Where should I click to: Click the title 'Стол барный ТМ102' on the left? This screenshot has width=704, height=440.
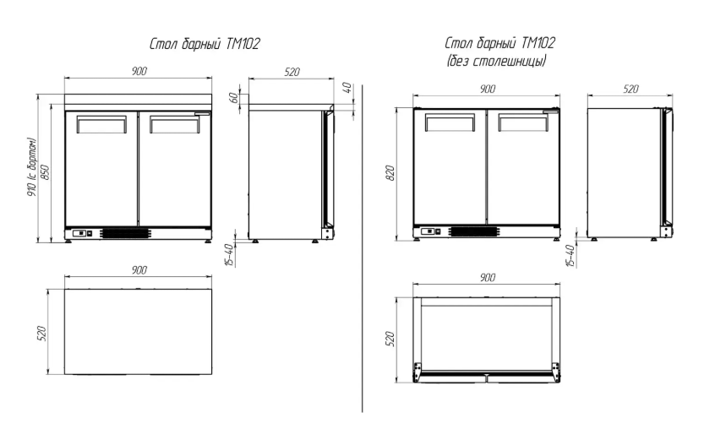205,44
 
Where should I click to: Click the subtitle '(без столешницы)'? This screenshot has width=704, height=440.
496,61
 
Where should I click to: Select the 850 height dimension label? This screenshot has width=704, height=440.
45,172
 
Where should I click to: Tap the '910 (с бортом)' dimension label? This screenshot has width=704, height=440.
33,169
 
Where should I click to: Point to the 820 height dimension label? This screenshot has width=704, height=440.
390,173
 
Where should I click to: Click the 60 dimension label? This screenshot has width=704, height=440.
233,97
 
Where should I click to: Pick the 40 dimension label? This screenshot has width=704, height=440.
347,88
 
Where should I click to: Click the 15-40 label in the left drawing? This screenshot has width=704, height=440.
228,255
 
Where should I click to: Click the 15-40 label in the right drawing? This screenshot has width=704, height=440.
570,256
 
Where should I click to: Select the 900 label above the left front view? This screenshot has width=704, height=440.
139,71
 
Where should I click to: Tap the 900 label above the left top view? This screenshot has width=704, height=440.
139,270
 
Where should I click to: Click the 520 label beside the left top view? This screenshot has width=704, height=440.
41,333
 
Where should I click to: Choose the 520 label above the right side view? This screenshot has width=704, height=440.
630,89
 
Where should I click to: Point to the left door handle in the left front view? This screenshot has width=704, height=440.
101,125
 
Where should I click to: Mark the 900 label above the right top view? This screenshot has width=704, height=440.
487,278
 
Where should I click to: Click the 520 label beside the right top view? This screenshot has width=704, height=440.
390,340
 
